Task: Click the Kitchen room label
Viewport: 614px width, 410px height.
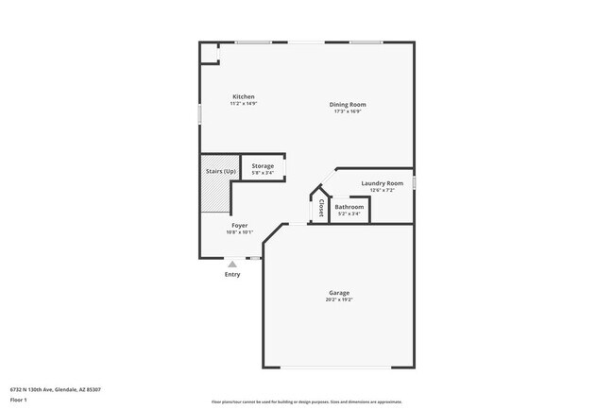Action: coord(244,96)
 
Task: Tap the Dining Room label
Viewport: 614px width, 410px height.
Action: coord(348,104)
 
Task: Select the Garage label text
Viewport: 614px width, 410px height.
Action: coord(339,292)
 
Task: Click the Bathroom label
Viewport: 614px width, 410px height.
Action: coord(349,207)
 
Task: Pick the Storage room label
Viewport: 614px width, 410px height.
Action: coord(263,166)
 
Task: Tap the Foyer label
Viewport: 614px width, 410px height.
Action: coord(240,226)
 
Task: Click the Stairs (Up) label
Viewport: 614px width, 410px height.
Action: coord(221,171)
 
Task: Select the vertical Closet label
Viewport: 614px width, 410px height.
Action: coord(321,207)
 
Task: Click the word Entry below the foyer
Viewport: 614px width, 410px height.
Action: coord(232,275)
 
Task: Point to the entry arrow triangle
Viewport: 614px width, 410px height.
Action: coord(232,264)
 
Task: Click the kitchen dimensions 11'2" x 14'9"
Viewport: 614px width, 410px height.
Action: coord(244,104)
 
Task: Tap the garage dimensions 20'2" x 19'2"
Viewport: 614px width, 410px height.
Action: coord(339,299)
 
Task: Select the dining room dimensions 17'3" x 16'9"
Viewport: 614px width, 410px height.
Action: coord(348,111)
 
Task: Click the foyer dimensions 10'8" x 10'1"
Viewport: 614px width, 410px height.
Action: coord(240,233)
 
